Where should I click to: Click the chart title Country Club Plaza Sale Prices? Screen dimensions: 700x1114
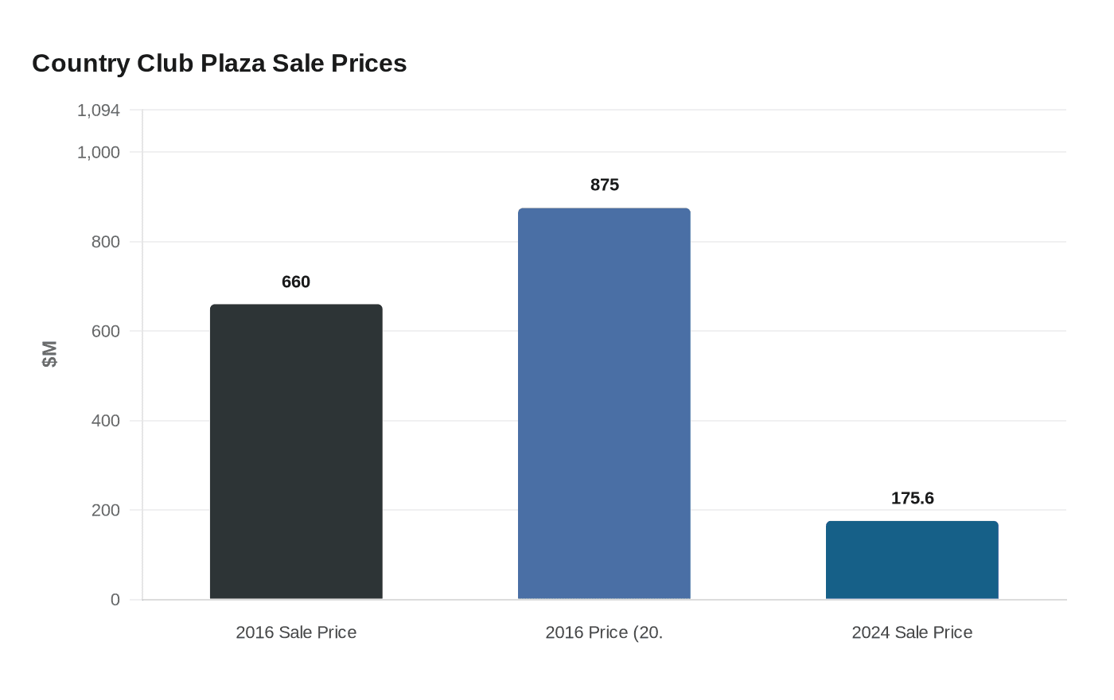219,63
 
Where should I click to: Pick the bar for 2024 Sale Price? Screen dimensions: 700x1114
912,560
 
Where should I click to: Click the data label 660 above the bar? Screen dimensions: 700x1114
296,282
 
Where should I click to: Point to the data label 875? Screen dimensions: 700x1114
604,185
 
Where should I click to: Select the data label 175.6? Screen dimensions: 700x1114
912,499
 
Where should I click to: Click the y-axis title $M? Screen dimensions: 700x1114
49,354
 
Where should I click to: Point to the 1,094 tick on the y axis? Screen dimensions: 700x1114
99,111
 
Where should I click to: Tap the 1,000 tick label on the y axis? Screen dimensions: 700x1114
99,152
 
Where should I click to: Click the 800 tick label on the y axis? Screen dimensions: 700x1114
106,242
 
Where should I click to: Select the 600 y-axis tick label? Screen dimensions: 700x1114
106,331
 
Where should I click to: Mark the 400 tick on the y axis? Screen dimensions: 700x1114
106,421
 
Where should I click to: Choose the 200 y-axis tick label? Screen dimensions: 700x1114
106,510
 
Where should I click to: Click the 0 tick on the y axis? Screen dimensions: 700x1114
115,600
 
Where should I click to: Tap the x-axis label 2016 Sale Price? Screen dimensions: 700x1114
296,632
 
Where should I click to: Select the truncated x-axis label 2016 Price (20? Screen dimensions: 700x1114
604,632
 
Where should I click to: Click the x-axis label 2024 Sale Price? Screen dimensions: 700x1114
912,632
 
